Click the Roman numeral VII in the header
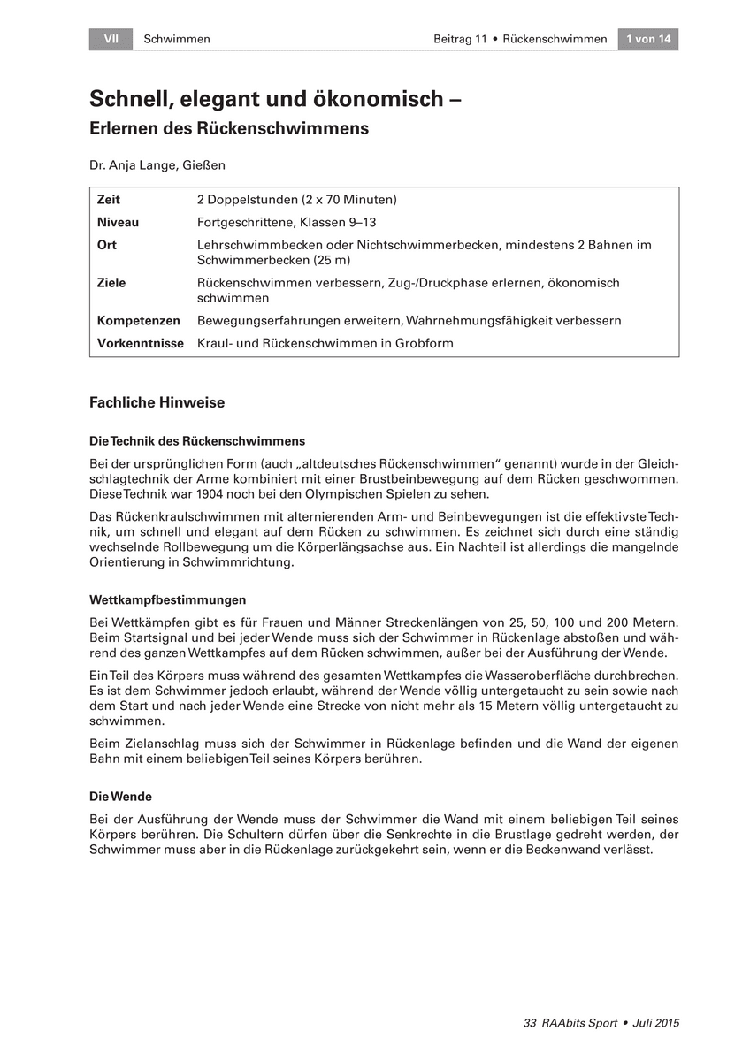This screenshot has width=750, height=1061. (111, 39)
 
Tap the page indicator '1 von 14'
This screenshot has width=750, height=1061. (648, 39)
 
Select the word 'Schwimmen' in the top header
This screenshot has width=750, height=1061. (177, 39)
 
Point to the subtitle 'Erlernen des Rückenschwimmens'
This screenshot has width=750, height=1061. (228, 128)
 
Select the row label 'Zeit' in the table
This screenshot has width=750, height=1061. (109, 200)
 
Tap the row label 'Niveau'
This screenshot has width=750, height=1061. (118, 222)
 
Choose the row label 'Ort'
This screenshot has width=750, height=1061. (107, 245)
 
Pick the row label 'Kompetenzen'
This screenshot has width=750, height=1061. (139, 320)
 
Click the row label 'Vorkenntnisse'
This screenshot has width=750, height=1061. (141, 343)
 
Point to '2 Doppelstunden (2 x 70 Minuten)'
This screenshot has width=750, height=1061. (296, 200)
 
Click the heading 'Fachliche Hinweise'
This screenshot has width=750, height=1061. (157, 403)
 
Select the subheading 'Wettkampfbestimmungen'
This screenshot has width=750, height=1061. (168, 599)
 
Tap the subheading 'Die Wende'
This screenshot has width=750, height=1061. (120, 797)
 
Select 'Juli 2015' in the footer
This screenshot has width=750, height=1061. (656, 1023)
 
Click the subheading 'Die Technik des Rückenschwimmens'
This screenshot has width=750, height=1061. (197, 440)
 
